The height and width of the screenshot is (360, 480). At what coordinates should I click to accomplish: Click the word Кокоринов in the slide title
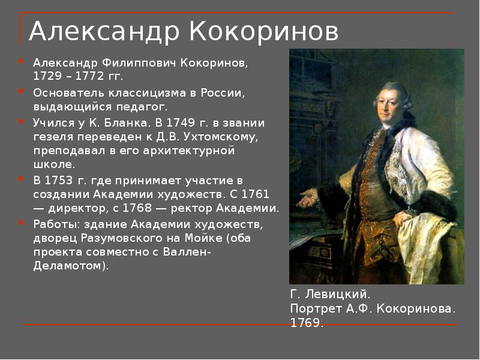[264, 31]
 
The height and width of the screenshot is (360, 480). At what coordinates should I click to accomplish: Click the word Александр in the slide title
[104, 32]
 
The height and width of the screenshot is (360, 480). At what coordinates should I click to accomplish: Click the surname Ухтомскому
[221, 137]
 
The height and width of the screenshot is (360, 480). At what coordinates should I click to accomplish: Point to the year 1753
[59, 180]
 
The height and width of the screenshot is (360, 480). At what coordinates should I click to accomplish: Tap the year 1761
[256, 194]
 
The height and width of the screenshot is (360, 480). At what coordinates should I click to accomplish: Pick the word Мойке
[203, 238]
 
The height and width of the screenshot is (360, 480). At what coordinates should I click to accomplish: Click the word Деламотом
[71, 265]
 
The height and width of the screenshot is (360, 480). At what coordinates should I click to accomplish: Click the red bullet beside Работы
[21, 222]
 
